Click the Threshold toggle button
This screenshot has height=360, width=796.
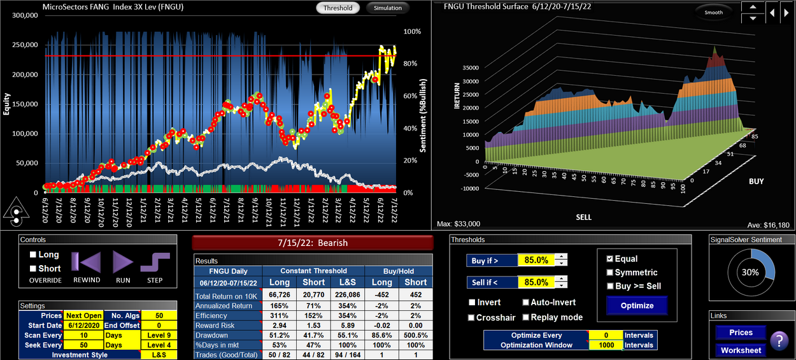tap(338, 8)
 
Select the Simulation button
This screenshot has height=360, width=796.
tap(388, 8)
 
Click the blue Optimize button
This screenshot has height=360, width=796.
tap(637, 305)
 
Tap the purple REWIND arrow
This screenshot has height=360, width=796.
tap(86, 263)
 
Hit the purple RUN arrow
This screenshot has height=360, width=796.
tap(123, 263)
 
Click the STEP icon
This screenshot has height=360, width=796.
tap(155, 263)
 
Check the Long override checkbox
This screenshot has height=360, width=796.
tap(34, 255)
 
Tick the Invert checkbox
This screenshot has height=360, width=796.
tap(473, 303)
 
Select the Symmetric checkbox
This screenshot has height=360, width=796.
tap(609, 273)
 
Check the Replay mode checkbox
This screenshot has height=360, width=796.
tap(526, 317)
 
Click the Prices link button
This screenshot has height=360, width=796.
tap(741, 333)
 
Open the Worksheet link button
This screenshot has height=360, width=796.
tap(741, 350)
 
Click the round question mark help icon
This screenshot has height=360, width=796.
tap(779, 342)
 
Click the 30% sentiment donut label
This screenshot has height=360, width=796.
tap(751, 271)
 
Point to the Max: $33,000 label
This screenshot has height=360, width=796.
tap(458, 224)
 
